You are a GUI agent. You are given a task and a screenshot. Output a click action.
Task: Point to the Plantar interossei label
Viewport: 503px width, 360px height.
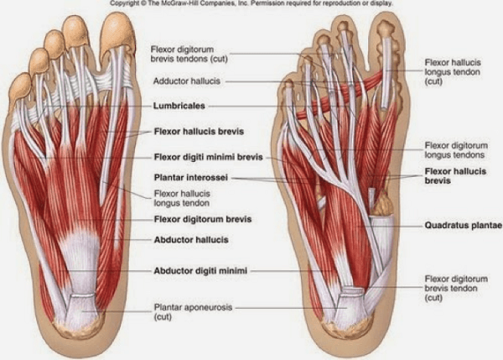(190, 178)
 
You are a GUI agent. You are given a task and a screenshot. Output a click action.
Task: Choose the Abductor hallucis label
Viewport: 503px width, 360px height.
(186, 239)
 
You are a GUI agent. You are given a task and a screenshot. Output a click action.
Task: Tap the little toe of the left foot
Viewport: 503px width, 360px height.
(18, 84)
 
